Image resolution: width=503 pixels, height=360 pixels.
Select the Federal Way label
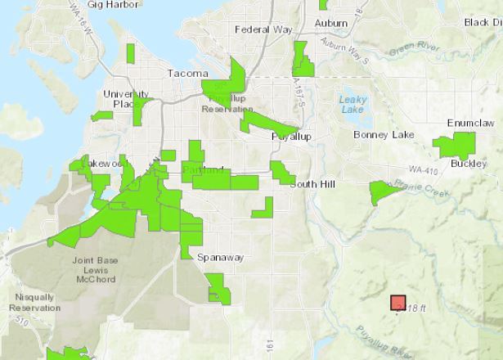[x=258, y=29]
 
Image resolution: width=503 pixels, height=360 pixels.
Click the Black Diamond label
[x=483, y=22]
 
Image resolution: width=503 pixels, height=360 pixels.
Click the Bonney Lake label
[x=379, y=133]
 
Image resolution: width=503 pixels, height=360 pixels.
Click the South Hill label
[x=312, y=184]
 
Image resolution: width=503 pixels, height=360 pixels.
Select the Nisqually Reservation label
[x=34, y=303]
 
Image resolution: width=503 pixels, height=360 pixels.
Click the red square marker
[x=398, y=303]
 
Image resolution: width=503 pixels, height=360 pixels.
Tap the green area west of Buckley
[x=453, y=146]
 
